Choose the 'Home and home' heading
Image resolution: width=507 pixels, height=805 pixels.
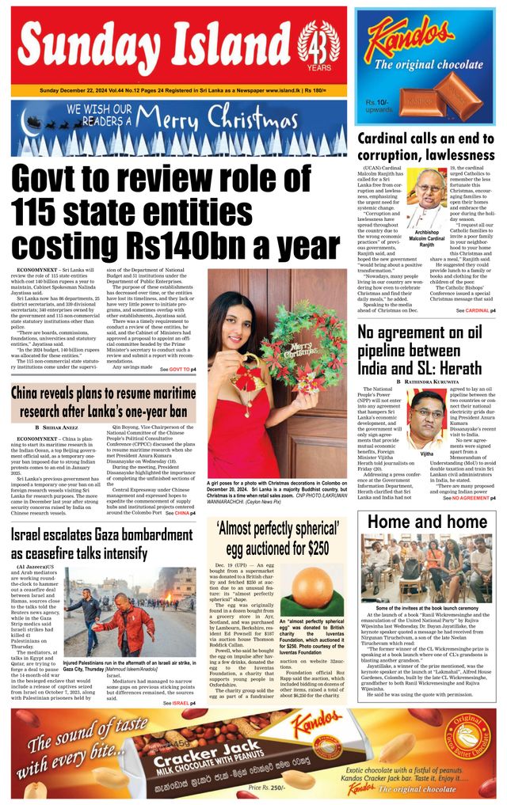[x=427, y=522]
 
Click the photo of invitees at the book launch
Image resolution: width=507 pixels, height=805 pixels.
[x=426, y=568]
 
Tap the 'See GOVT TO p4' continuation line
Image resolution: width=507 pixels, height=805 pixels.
[x=178, y=370]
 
